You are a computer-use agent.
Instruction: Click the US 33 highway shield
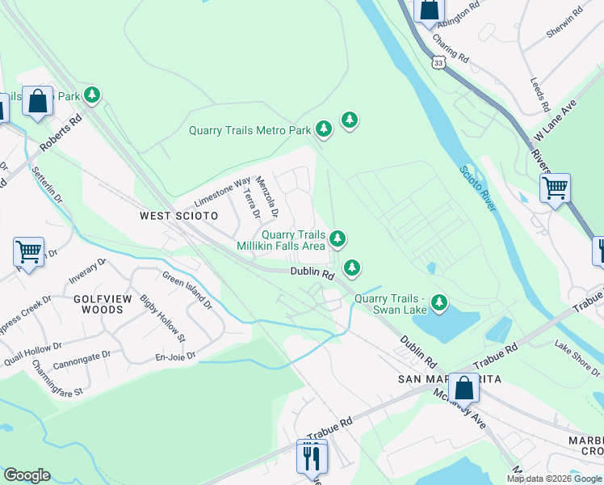pos(438,62)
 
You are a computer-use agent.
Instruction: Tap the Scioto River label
pos(477,188)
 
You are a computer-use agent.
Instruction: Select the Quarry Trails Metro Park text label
pos(250,130)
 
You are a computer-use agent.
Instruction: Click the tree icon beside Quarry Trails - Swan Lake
pos(439,303)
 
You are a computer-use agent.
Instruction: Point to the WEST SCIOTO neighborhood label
pos(178,216)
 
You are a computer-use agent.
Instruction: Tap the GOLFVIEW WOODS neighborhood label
pos(103,304)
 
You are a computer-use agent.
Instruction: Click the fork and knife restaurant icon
pos(310,457)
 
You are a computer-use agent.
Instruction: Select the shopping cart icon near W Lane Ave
pos(555,188)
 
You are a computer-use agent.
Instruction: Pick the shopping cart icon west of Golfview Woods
pos(28,251)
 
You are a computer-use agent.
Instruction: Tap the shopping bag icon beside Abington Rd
pos(429,10)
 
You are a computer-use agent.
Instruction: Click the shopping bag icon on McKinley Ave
pos(464,389)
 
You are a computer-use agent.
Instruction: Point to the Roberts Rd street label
pos(61,134)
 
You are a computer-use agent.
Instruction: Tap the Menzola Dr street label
pos(267,198)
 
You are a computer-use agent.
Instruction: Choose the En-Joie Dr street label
pos(175,356)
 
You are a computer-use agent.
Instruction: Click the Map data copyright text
pos(555,479)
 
